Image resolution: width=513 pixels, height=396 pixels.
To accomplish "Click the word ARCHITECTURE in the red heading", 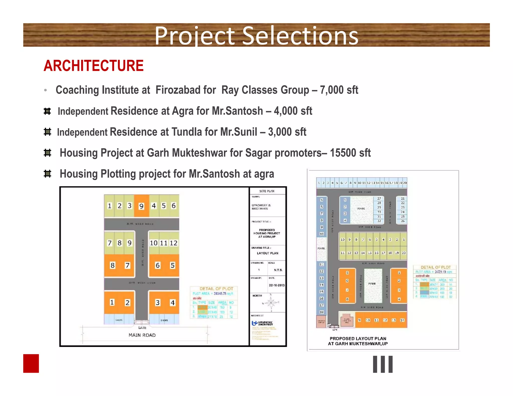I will pyautogui.click(x=93, y=66).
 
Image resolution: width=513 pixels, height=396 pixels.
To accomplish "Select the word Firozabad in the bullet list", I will pyautogui.click(x=186, y=90).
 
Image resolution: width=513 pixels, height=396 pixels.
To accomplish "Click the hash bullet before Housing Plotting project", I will pyautogui.click(x=47, y=174).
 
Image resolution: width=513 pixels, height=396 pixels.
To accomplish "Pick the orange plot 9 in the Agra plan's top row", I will pyautogui.click(x=142, y=206).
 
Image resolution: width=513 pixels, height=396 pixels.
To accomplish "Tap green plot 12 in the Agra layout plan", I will pyautogui.click(x=173, y=243).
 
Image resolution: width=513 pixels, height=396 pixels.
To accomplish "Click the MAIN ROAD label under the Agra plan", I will pyautogui.click(x=142, y=335).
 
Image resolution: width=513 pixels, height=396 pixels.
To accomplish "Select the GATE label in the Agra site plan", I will pyautogui.click(x=142, y=328).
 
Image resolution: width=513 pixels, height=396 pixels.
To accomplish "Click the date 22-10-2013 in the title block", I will pyautogui.click(x=277, y=285).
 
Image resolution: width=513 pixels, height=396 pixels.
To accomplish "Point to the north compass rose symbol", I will pyautogui.click(x=271, y=303).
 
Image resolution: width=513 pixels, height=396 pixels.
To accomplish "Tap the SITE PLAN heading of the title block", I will pyautogui.click(x=267, y=191).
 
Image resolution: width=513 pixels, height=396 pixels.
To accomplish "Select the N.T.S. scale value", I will pyautogui.click(x=278, y=270).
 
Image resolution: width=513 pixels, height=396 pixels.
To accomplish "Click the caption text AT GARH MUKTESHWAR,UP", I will pyautogui.click(x=358, y=344).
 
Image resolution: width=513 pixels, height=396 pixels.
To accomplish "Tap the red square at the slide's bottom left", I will pyautogui.click(x=31, y=363).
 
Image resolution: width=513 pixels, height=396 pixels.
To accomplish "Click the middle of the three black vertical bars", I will pyautogui.click(x=383, y=364).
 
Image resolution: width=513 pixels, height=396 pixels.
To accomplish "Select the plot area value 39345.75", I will pyautogui.click(x=220, y=293).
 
